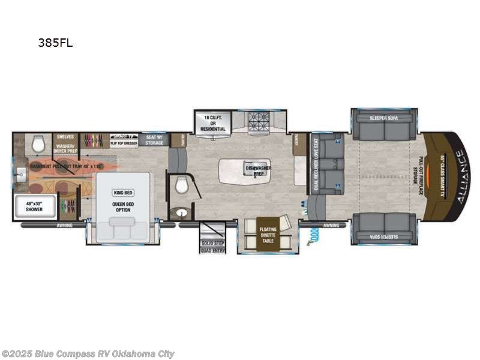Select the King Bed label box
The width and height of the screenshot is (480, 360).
coord(122,193)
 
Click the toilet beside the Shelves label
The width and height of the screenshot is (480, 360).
coord(40,143)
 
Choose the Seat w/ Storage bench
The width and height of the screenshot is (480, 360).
coord(155,140)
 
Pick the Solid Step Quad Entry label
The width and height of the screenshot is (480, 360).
coord(213,247)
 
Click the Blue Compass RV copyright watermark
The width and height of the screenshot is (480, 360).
coord(88,354)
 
